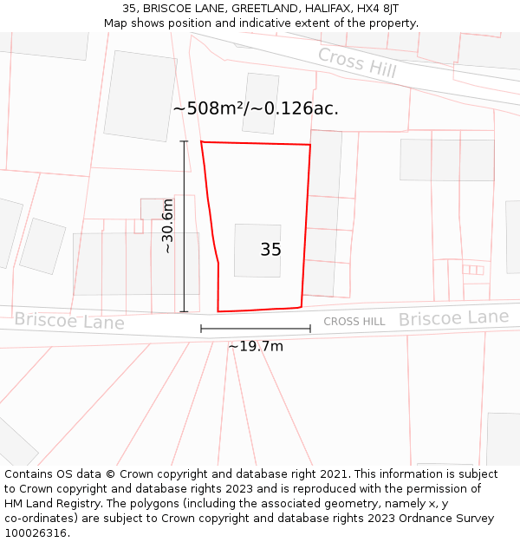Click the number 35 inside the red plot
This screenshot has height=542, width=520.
270,250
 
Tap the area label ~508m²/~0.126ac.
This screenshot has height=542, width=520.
256,109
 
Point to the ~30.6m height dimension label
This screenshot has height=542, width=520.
167,225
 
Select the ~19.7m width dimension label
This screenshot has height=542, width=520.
256,347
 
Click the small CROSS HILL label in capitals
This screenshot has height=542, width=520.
354,322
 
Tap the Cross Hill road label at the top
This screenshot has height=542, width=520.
357,62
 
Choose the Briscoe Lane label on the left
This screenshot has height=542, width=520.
69,321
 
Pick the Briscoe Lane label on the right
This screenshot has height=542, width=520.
453,318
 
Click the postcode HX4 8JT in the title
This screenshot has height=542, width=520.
378,9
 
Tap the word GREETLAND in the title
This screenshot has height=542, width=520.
262,9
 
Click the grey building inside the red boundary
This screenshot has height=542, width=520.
257,251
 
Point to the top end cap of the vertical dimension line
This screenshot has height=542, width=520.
184,140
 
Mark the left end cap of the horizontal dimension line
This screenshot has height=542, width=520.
201,329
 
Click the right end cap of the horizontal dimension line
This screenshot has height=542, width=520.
310,329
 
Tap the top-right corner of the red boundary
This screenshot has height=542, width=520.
310,145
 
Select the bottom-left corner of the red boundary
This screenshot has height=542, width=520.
218,310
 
